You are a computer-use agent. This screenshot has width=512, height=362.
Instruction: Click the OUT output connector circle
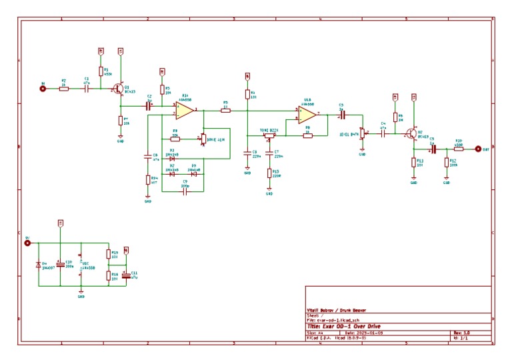tap(477, 149)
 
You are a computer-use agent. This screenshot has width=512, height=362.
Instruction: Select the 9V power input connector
tap(28, 243)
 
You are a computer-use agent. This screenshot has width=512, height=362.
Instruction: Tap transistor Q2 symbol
tap(412, 134)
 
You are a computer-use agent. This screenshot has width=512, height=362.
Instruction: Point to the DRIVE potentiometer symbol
tap(203, 139)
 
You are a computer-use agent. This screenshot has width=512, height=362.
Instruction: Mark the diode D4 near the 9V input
tap(39, 265)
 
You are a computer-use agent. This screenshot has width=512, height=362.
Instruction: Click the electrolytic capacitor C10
tap(60, 265)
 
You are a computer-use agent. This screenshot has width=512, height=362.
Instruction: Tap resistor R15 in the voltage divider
tap(108, 253)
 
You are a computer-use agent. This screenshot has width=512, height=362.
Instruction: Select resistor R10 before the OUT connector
tap(459, 149)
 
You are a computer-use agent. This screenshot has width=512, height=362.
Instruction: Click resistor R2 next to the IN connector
tap(64, 89)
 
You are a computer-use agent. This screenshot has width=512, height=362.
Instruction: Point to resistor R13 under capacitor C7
tap(269, 173)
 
